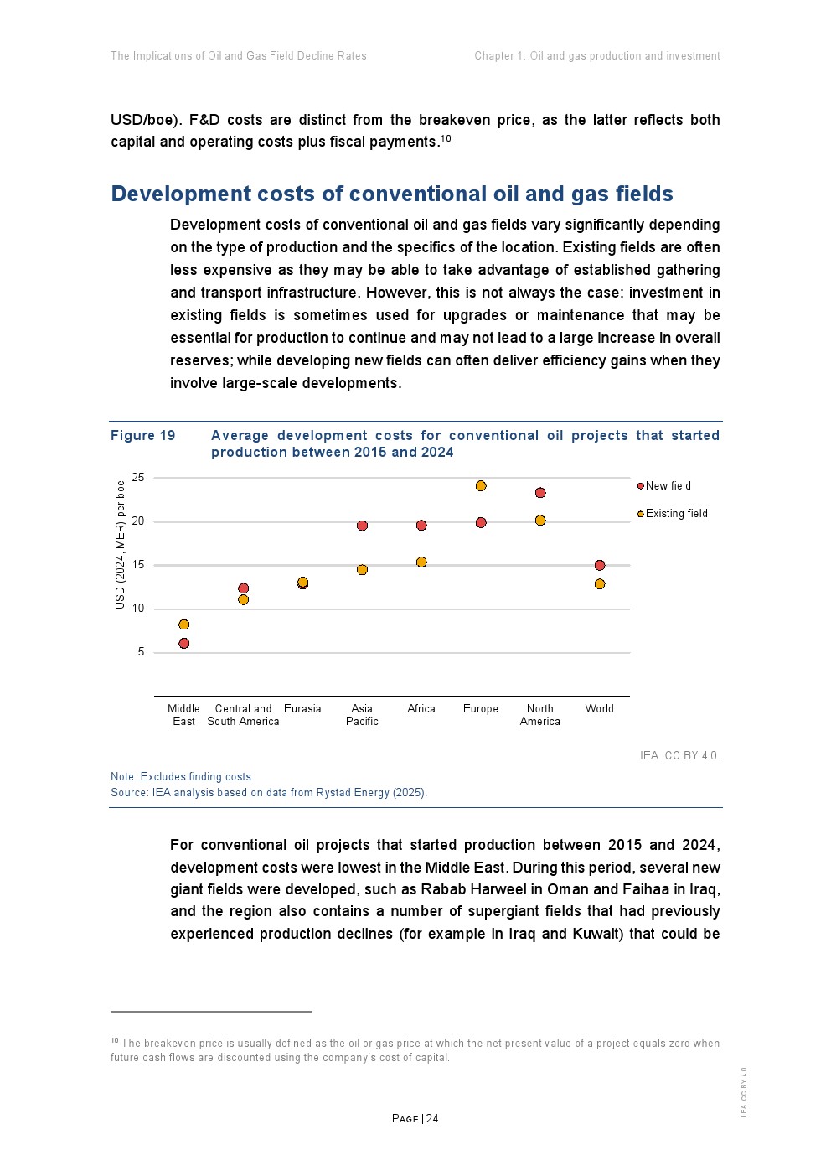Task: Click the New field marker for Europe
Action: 481,523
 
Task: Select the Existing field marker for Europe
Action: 481,486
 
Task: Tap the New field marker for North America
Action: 540,493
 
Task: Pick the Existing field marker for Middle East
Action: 184,624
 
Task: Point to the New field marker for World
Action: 600,566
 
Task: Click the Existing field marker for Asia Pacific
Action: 362,570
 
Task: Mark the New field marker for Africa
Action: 421,526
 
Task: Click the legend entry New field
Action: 668,486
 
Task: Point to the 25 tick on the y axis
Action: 138,478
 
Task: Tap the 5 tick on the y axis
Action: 141,652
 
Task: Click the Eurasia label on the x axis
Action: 302,709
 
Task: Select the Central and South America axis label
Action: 243,715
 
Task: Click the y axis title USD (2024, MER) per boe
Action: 121,545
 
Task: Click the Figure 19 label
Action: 143,436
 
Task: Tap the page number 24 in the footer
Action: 432,1119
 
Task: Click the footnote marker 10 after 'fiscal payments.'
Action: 446,138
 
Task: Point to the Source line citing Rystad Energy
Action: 269,793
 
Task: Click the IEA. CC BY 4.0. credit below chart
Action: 679,756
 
